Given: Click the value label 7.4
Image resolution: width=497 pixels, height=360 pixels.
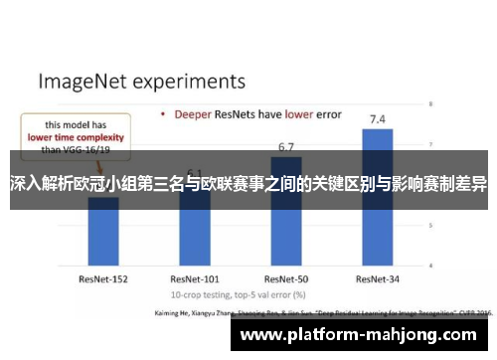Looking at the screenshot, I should (x=378, y=120).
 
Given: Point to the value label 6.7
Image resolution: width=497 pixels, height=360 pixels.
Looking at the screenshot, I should (x=286, y=146).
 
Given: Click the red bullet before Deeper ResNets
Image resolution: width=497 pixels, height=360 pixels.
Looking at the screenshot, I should (x=162, y=114).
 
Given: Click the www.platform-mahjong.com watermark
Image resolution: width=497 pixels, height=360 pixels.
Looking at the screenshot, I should (x=362, y=335).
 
